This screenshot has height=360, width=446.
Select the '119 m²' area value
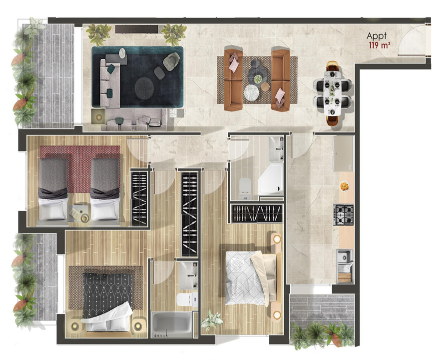(379, 44)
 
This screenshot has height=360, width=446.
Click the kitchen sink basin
(343, 257)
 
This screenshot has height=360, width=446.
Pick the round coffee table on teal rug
(145, 88)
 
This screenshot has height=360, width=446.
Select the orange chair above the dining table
(333, 66)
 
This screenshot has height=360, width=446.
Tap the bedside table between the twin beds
(79, 213)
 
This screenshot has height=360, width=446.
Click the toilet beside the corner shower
(245, 185)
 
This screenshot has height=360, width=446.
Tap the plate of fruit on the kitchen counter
(345, 186)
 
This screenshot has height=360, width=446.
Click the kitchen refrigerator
(343, 152)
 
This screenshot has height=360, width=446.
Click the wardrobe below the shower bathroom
(255, 213)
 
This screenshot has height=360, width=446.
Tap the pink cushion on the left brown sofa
(234, 63)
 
